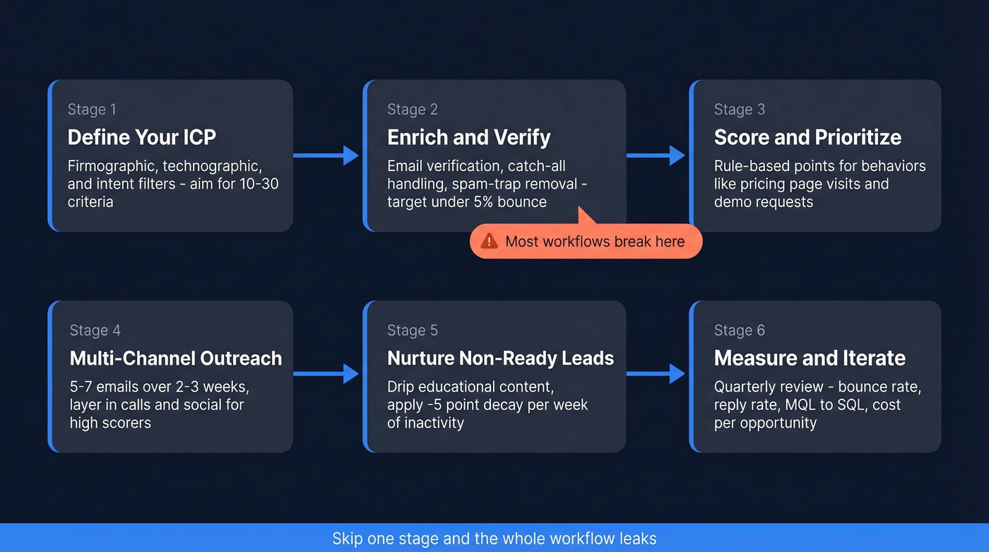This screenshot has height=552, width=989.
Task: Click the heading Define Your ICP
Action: click(x=141, y=137)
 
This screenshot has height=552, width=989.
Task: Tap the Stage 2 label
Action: click(x=413, y=110)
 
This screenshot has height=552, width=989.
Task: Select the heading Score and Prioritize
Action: click(x=807, y=137)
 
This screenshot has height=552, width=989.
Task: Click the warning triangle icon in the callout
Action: click(x=489, y=242)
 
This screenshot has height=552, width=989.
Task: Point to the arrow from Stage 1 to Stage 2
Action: click(x=326, y=155)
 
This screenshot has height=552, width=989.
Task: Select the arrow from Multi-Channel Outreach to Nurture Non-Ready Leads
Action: click(x=326, y=374)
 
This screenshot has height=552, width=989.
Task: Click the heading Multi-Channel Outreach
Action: click(x=176, y=358)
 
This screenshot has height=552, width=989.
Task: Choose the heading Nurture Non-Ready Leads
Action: click(x=500, y=358)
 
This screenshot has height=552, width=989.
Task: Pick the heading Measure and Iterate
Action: click(x=810, y=358)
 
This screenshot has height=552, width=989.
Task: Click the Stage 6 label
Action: click(x=740, y=331)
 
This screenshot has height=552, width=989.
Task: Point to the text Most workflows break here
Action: click(x=595, y=242)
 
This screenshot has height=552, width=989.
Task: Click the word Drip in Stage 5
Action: click(x=401, y=387)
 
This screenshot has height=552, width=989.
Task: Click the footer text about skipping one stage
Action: click(x=494, y=539)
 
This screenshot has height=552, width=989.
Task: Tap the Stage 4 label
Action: click(x=95, y=331)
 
